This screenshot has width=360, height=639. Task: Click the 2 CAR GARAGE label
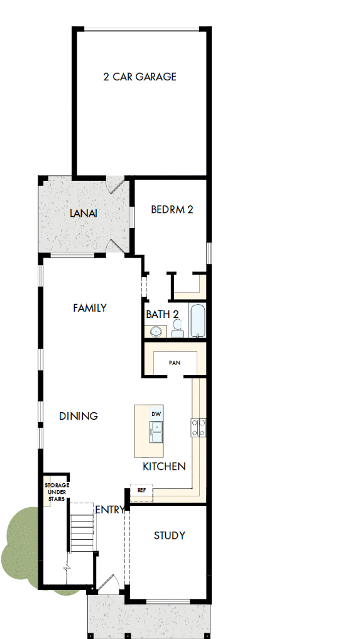(x=139, y=77)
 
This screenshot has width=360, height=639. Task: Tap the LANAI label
(x=84, y=213)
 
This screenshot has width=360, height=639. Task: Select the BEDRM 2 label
(x=172, y=209)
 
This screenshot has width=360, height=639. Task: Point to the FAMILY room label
(x=89, y=308)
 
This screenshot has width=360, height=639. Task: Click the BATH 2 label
(x=163, y=314)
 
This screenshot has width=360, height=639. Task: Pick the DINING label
(x=79, y=416)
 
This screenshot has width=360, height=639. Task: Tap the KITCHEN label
(x=164, y=466)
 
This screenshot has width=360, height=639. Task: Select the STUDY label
(x=170, y=535)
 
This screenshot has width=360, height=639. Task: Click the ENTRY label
(x=109, y=510)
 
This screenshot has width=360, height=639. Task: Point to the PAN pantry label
(x=175, y=363)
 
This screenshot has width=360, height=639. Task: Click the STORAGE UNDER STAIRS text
(x=57, y=492)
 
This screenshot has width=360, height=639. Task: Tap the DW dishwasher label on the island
(x=156, y=414)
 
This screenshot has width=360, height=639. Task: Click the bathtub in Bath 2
(x=197, y=321)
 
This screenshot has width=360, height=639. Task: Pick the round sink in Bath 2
(x=155, y=331)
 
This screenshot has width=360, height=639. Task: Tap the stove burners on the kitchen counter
(x=199, y=428)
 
